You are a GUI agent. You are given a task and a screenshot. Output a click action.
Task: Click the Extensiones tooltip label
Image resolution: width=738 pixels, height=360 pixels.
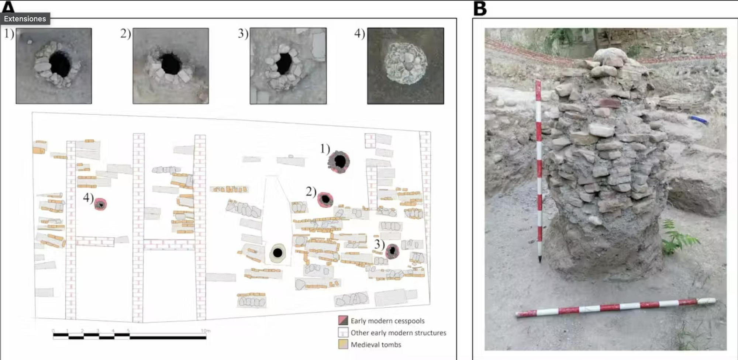(25, 19)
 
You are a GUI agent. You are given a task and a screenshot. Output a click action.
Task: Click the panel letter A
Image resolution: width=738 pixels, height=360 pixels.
(8, 7)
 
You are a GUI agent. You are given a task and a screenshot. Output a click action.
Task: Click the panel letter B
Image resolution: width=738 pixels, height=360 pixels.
(480, 8)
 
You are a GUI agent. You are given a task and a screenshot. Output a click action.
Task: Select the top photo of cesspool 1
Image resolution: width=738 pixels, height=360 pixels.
(54, 66)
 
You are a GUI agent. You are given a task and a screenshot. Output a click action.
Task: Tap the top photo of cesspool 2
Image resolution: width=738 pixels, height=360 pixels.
(170, 66)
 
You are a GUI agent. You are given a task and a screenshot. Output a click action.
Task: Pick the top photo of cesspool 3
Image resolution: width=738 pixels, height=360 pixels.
(288, 66)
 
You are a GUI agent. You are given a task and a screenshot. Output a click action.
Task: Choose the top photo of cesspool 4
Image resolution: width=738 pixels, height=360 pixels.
(406, 66)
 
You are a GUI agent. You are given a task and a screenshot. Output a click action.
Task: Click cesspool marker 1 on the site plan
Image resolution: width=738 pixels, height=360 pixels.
(339, 162)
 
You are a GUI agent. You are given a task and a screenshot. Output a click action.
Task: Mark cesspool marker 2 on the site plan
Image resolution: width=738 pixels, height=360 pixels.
(325, 200)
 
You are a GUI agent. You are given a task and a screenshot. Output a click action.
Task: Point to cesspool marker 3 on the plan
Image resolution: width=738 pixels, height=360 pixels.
(392, 251)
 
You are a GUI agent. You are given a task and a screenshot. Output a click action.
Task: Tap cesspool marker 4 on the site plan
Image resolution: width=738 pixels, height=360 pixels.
(100, 204)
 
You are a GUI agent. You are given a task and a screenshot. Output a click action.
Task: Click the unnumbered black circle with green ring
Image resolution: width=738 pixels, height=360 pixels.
(277, 253)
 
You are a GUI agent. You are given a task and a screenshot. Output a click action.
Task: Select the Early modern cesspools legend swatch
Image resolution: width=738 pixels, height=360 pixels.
(343, 321)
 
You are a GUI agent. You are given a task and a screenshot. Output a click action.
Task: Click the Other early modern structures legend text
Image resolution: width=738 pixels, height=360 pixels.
(398, 333)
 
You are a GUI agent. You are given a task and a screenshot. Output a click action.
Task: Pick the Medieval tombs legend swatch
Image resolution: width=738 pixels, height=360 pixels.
(343, 345)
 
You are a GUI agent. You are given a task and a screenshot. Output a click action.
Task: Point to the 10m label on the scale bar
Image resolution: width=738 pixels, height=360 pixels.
(206, 331)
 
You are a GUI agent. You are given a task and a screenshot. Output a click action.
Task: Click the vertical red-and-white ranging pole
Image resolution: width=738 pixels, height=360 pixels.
(539, 170)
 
